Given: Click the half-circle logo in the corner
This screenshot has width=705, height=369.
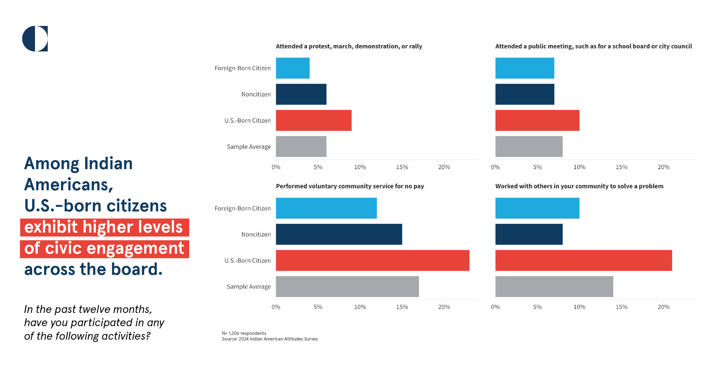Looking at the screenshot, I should point(35,39).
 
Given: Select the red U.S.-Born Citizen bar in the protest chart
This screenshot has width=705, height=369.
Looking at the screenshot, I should point(314,120).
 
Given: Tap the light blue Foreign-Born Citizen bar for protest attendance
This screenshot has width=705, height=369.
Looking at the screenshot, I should point(293,68).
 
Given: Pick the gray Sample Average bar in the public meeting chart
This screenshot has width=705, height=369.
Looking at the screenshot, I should point(529,147).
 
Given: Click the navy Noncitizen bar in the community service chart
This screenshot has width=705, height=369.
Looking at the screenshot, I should point(339,234).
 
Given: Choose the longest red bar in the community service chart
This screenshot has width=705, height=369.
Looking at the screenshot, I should point(373,260).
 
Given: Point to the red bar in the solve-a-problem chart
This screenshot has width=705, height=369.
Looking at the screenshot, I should point(583,260).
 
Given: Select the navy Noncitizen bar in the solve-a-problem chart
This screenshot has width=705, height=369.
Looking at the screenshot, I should point(529,234).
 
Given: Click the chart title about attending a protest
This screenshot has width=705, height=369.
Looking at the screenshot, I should point(349,46).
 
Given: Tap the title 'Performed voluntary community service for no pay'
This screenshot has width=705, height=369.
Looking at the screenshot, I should point(350,186).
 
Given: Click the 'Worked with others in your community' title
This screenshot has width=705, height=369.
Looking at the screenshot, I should point(579,186).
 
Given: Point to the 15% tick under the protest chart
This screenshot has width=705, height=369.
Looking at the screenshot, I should point(402,167).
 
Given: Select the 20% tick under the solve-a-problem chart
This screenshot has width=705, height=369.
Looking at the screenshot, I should point(663,307).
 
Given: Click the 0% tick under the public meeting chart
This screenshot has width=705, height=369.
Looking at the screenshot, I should point(495,167).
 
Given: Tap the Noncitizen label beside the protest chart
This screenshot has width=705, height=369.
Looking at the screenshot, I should point(256,94).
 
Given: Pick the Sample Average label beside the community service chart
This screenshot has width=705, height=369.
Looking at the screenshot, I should point(249,287).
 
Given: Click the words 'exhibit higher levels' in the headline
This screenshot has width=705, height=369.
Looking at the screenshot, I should point(103,227).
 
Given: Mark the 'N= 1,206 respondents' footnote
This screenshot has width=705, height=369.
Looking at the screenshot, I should point(244,333).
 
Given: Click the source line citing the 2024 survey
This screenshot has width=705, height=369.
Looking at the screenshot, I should point(270,339).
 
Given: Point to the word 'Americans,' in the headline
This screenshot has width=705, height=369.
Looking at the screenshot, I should point(69,185).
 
